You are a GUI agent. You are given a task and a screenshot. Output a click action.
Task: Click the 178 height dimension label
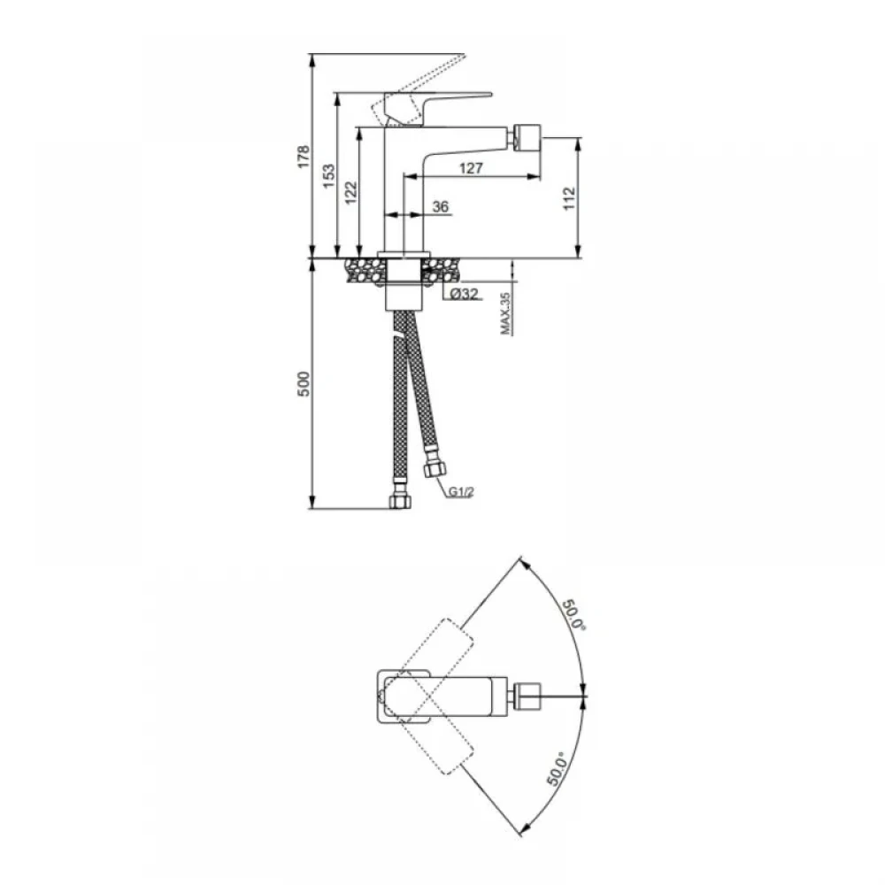304,157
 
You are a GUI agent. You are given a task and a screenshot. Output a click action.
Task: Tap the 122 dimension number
350,192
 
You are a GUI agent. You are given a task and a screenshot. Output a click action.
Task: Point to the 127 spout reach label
471,167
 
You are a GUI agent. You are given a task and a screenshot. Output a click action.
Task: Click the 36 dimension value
440,206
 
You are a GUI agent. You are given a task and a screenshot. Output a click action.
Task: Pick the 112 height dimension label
569,198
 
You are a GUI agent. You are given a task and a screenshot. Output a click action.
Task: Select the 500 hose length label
304,384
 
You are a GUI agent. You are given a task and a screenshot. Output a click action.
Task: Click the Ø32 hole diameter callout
464,294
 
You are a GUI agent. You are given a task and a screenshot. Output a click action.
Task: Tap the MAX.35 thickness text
505,313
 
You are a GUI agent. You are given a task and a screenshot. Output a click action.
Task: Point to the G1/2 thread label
461,492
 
